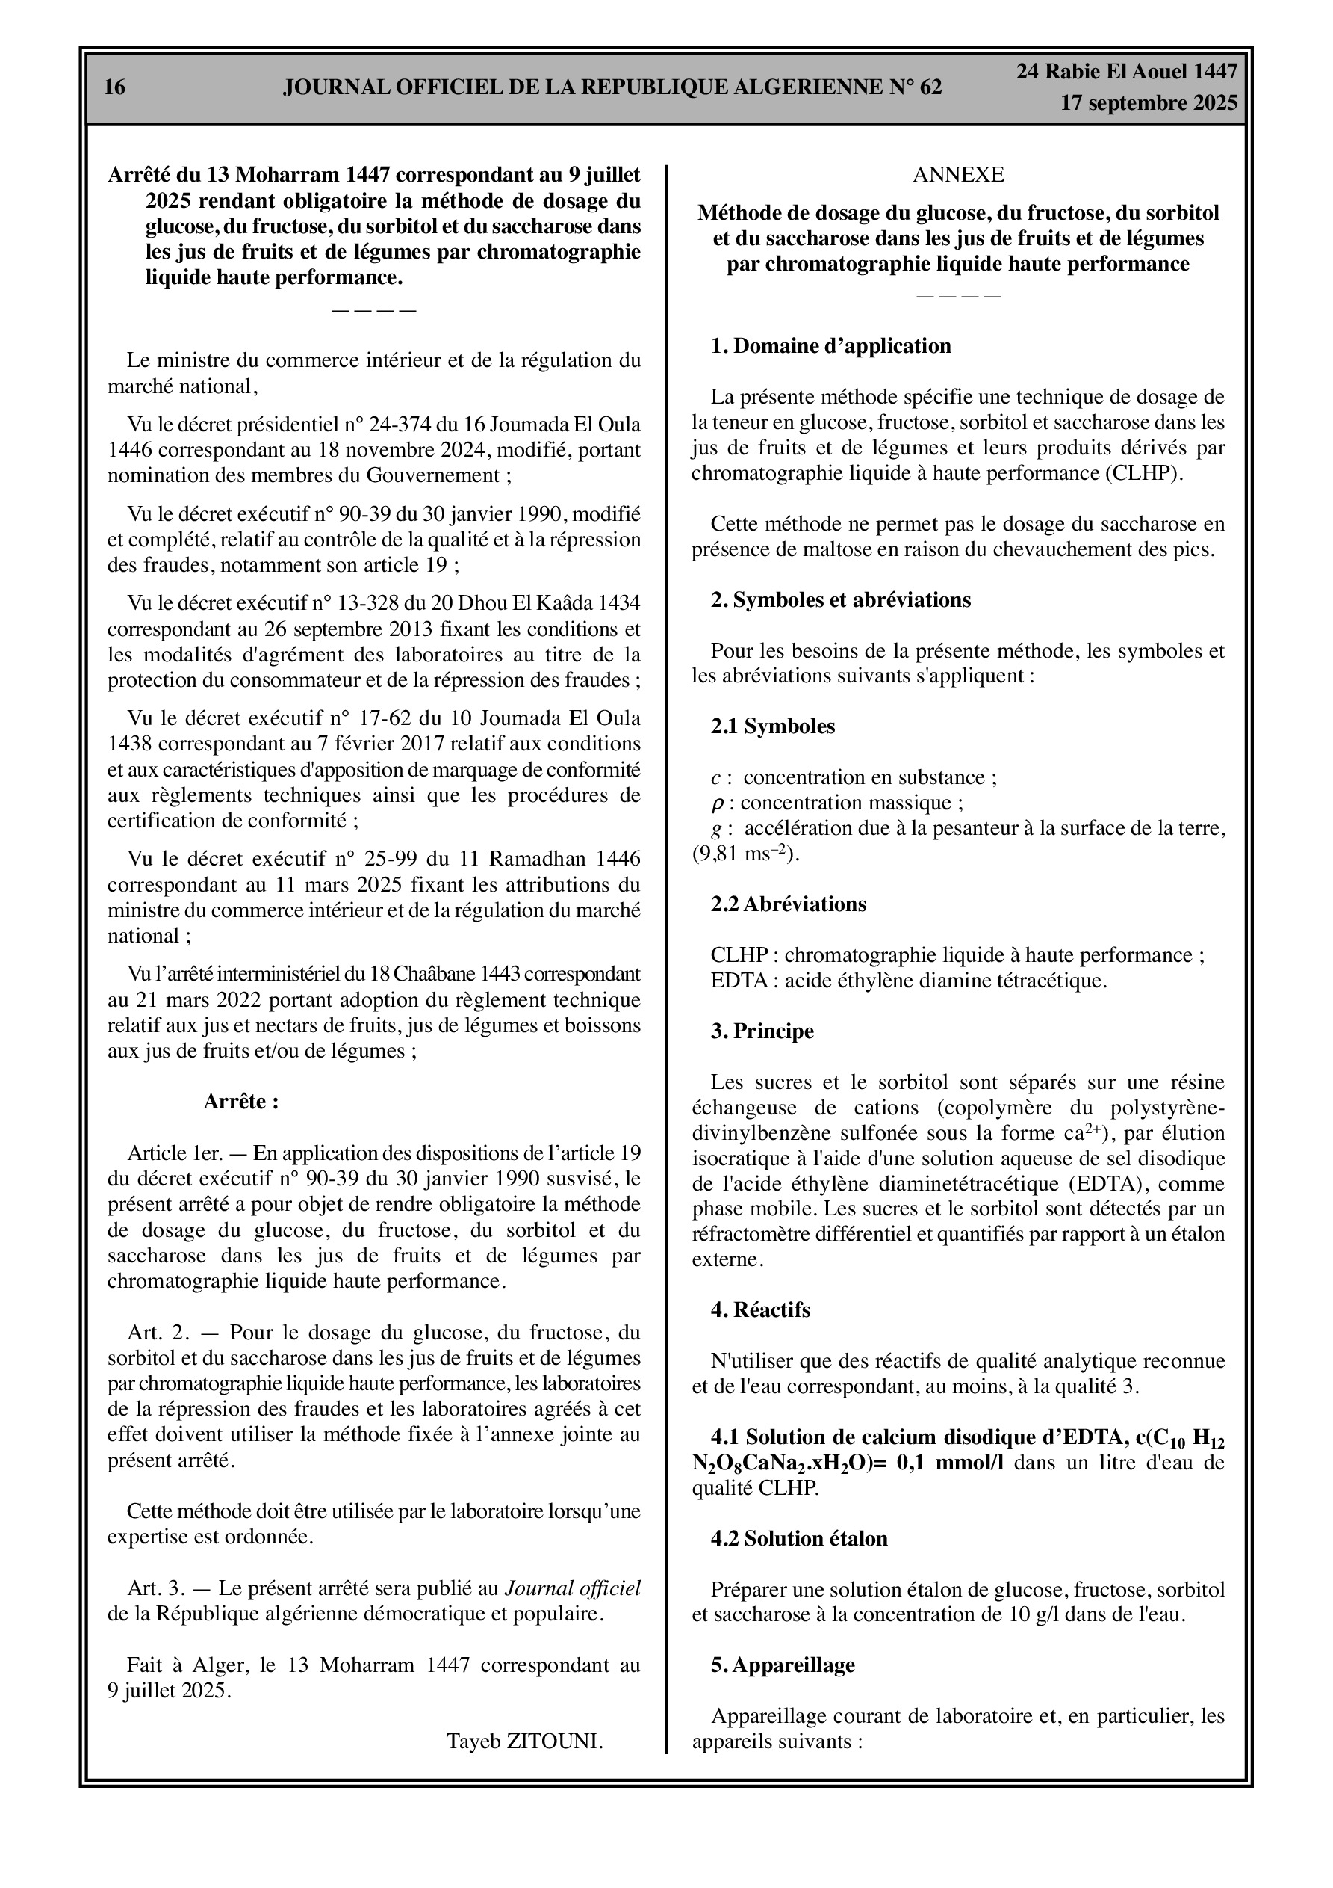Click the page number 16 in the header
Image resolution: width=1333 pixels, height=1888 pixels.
[x=115, y=87]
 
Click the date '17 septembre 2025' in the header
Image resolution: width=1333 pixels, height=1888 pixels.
[x=1148, y=103]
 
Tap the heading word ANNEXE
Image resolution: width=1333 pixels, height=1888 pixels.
[x=958, y=174]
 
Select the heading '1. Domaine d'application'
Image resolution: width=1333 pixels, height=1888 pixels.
[x=831, y=345]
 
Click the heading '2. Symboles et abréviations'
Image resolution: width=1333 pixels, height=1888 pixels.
[x=841, y=599]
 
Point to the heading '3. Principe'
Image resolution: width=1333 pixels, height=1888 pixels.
[x=762, y=1031]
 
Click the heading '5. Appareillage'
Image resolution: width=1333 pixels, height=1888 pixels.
[x=783, y=1665]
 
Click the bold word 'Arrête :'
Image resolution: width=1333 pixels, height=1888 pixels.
[x=240, y=1101]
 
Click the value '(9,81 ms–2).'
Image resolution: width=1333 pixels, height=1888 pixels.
[x=745, y=854]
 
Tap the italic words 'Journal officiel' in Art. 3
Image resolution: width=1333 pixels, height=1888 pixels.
[x=572, y=1588]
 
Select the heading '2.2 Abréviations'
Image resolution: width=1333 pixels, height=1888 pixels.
[x=788, y=904]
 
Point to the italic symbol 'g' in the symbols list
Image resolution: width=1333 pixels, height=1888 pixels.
[x=716, y=829]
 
